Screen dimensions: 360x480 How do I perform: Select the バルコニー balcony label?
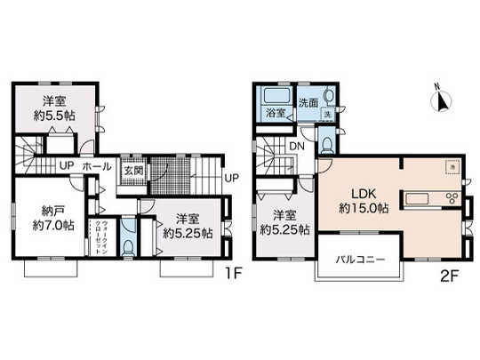[x=358, y=260]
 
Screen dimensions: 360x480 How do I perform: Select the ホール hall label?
[x=96, y=166]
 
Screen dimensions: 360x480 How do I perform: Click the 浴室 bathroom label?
[x=275, y=114]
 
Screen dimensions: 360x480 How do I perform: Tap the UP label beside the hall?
[x=67, y=166]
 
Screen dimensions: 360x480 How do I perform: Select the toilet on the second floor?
[x=328, y=142]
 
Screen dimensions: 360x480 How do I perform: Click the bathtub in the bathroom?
[x=273, y=96]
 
